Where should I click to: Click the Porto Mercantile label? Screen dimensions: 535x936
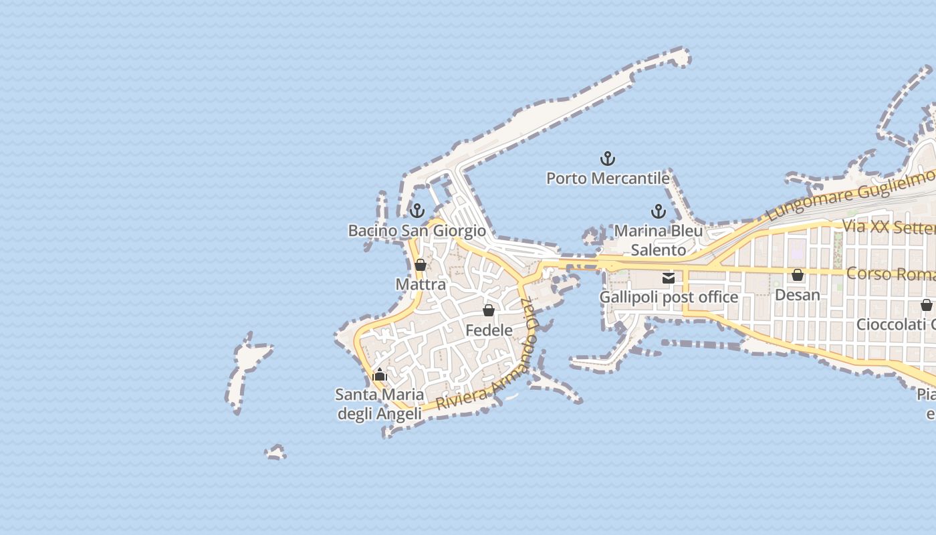(x=608, y=179)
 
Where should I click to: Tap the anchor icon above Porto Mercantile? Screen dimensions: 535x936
(x=608, y=158)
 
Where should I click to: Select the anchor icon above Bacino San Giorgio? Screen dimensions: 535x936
(x=417, y=211)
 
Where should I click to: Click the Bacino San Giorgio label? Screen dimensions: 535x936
(x=417, y=231)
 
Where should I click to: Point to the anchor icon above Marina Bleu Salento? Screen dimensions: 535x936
(x=659, y=211)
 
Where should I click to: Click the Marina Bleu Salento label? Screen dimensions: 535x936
(x=659, y=240)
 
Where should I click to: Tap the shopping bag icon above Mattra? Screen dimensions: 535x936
(x=421, y=265)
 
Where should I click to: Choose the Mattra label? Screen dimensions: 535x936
(x=421, y=284)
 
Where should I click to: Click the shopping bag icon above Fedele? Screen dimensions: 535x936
(x=489, y=310)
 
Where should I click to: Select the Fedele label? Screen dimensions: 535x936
(x=489, y=330)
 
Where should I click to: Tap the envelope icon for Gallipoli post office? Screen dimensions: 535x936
(x=669, y=278)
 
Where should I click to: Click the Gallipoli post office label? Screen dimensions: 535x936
(x=669, y=297)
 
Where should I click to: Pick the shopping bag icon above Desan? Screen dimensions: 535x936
(x=798, y=275)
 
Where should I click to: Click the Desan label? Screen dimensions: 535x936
(x=798, y=294)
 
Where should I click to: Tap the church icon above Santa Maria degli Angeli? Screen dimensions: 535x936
(x=380, y=374)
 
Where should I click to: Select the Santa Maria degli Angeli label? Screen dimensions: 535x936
(x=379, y=404)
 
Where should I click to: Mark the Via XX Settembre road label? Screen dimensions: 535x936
(x=889, y=226)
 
